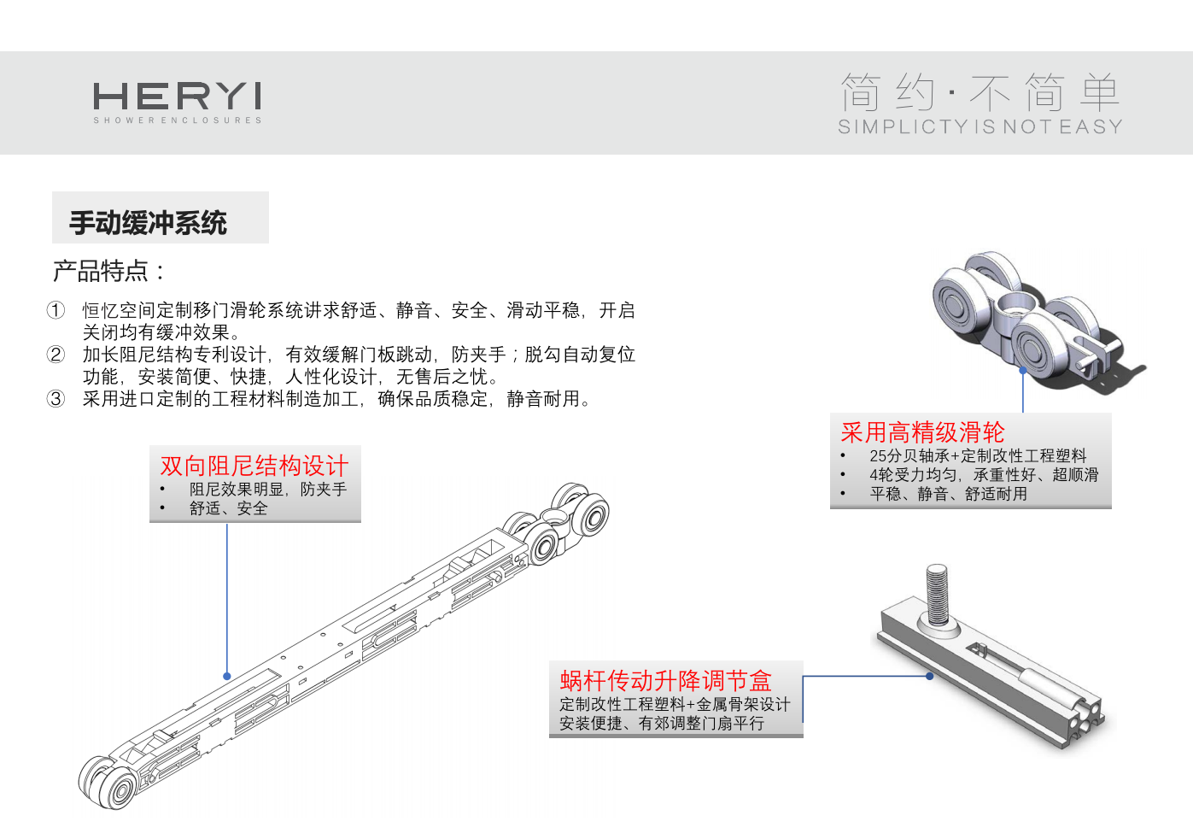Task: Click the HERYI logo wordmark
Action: point(178,96)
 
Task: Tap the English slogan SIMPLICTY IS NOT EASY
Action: point(980,126)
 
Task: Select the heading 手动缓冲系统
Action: point(148,222)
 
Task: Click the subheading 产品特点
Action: point(108,271)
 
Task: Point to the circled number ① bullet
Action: point(56,310)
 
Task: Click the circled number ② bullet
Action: point(56,355)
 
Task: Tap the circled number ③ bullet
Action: point(56,398)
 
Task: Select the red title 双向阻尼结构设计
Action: point(254,466)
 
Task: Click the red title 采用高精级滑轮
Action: point(922,432)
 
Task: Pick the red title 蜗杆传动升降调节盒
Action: point(666,680)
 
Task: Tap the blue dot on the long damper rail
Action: point(227,676)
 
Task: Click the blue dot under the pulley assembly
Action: point(1022,370)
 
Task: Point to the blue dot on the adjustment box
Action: point(929,676)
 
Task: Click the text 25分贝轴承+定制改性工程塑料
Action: point(978,456)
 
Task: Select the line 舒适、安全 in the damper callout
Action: point(229,508)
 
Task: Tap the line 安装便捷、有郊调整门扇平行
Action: point(662,724)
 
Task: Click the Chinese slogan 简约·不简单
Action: point(980,92)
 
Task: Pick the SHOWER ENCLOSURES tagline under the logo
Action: point(178,120)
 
